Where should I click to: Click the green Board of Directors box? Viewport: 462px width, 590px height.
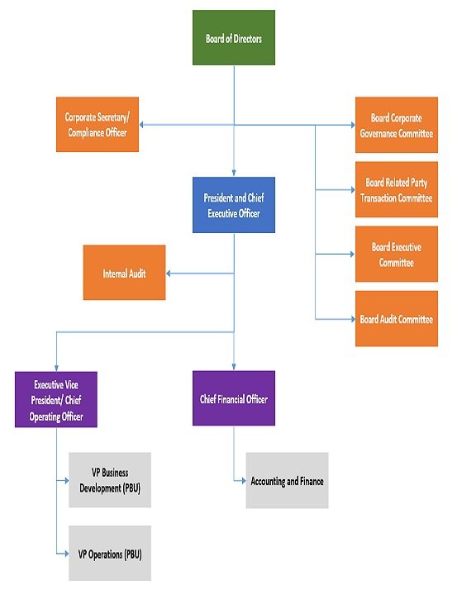coord(233,38)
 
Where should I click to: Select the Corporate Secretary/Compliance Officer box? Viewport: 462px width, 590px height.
coord(97,125)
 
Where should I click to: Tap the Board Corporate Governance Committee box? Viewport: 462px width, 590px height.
coord(397,125)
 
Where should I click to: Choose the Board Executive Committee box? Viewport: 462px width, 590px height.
coord(397,255)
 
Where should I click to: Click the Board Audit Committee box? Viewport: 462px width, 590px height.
coord(397,319)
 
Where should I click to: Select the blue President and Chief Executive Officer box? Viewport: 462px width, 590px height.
coord(233,205)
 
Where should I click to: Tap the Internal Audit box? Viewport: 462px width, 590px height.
coord(124,273)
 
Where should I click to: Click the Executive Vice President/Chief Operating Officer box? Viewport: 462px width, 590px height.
coord(56,399)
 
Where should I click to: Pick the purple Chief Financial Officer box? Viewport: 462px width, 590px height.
coord(233,399)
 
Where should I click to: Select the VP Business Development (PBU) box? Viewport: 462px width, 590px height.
coord(110,480)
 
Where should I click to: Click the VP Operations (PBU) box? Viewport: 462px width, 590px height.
coord(110,554)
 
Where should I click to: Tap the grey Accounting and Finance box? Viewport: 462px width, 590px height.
coord(287,480)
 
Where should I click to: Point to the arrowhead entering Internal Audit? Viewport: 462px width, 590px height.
coord(169,273)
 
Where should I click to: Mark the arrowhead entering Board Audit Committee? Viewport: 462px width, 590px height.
coord(351,319)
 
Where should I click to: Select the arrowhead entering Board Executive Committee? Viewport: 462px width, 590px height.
coord(351,255)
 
